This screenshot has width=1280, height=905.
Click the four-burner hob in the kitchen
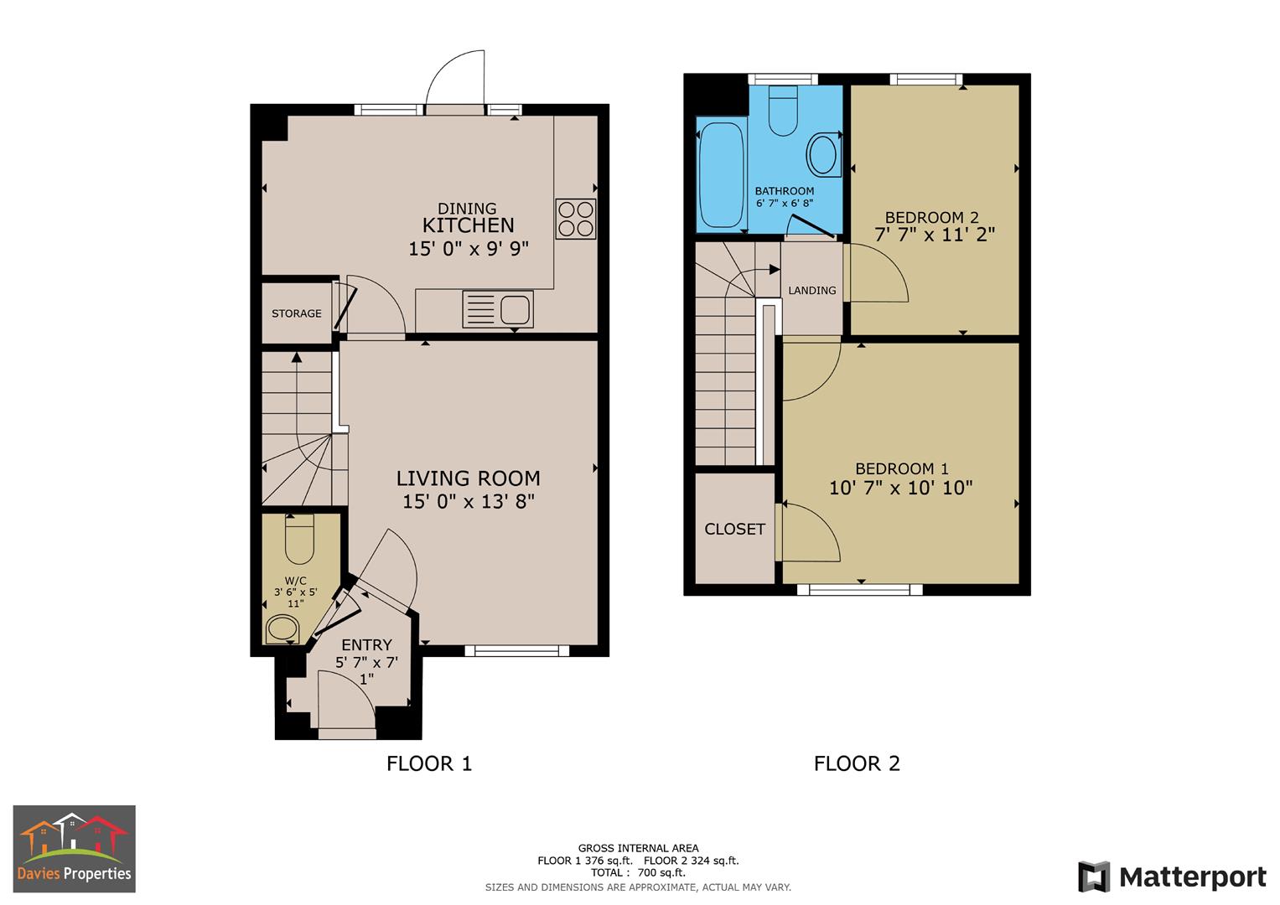(x=575, y=219)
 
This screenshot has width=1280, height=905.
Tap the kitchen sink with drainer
(x=498, y=309)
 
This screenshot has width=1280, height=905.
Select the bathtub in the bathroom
(x=721, y=175)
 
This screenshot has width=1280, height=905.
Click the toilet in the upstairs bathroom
(x=783, y=112)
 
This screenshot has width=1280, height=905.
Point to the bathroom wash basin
(x=822, y=155)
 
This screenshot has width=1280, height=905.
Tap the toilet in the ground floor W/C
(x=299, y=540)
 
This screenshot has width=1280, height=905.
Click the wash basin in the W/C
(x=282, y=628)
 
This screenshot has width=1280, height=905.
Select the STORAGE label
(x=296, y=313)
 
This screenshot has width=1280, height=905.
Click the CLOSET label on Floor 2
(x=734, y=529)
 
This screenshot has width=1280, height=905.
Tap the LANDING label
(x=811, y=290)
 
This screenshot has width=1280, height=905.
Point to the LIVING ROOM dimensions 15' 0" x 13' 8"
(x=469, y=501)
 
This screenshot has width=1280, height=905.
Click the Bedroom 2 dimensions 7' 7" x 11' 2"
(x=935, y=235)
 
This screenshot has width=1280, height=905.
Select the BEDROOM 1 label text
(x=901, y=468)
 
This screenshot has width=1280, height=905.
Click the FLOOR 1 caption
(x=429, y=763)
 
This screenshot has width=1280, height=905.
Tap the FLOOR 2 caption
(x=857, y=763)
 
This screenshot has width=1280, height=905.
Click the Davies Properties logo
(x=75, y=848)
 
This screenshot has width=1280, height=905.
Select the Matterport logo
(x=1172, y=877)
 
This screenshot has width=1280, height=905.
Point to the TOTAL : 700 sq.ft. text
(x=638, y=872)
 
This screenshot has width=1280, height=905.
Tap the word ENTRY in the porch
(x=366, y=644)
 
